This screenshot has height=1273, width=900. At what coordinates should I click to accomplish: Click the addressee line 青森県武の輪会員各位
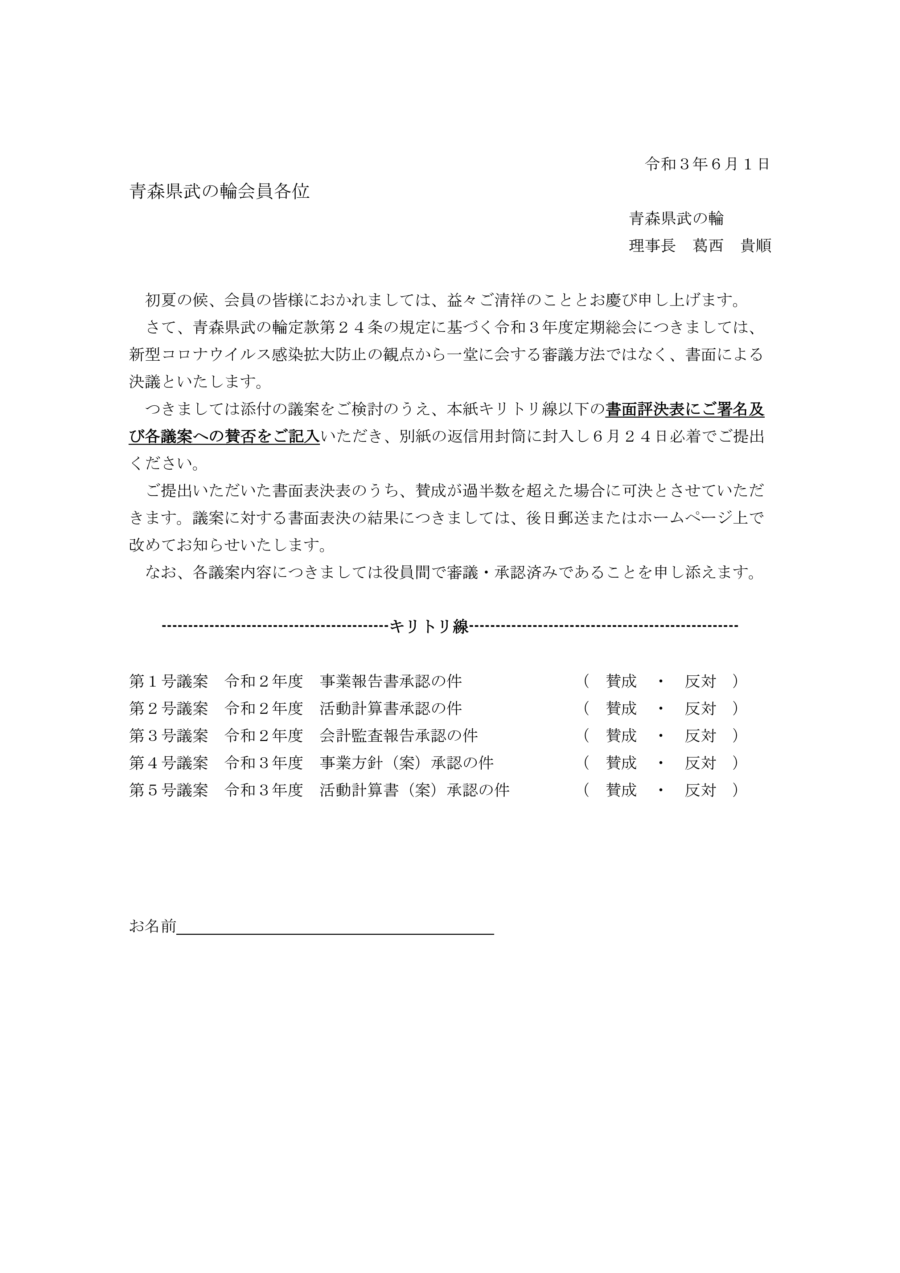point(219,192)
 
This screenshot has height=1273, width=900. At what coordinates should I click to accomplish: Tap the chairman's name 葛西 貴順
point(732,246)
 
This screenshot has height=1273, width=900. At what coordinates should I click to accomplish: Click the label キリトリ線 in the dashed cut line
point(430,626)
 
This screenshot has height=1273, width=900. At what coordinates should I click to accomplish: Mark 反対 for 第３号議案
point(700,736)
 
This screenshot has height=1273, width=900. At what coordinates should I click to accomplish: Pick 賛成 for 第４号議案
point(621,763)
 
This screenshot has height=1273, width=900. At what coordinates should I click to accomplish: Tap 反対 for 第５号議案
point(700,790)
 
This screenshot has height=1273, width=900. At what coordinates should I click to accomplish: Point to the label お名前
point(152,926)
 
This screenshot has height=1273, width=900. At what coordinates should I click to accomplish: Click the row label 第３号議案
point(168,736)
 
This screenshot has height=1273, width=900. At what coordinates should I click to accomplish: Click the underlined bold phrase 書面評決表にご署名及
point(685,410)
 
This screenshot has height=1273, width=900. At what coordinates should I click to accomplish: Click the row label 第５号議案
point(168,790)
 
